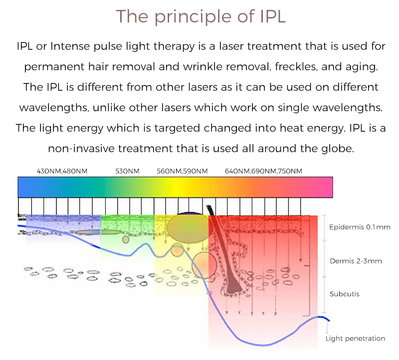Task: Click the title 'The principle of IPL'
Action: point(201,16)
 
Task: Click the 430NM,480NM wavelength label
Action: point(62,171)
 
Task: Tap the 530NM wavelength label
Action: point(127,171)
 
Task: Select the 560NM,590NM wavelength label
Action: point(182,171)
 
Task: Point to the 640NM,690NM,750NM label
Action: point(263,171)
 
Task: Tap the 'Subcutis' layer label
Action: point(344,294)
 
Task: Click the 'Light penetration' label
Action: point(355,338)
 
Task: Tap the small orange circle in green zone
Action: point(126,239)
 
